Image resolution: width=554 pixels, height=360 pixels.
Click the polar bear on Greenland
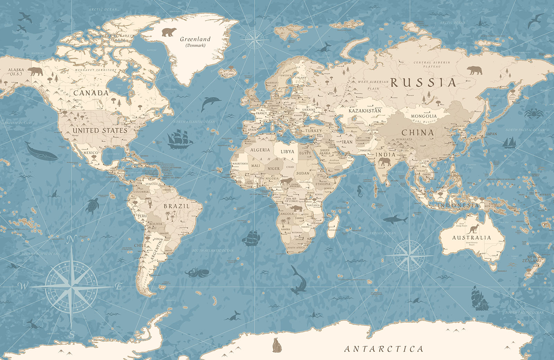[x=169, y=32]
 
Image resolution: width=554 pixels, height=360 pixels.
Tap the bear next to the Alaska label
[x=35, y=71]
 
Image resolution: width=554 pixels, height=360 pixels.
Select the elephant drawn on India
[x=384, y=162]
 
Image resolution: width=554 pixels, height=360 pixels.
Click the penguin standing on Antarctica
[x=277, y=345]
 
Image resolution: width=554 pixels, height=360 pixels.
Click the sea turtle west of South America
[x=92, y=206]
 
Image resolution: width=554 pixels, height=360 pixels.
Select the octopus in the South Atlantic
[x=196, y=272]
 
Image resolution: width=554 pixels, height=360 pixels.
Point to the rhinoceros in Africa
[x=297, y=208]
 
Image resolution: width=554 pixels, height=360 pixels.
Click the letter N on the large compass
[x=72, y=239]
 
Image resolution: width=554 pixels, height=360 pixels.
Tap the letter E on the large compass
[x=119, y=286]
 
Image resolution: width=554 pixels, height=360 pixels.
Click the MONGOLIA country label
[x=424, y=116]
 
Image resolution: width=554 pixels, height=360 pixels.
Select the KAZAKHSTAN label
[x=365, y=111]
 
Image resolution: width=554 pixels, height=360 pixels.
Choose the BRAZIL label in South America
[x=177, y=206]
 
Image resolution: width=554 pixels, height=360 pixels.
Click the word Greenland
[x=195, y=39]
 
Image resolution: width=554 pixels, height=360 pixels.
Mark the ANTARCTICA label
[x=384, y=349]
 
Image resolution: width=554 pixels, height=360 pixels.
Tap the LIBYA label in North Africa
[x=287, y=152]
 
